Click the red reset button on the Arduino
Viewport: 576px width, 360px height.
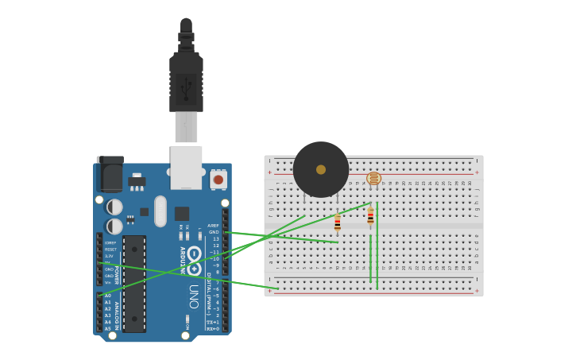click(x=218, y=180)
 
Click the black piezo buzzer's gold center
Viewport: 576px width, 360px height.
click(x=321, y=169)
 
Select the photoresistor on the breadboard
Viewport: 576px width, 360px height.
click(x=373, y=178)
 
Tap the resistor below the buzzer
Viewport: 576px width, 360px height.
click(x=337, y=223)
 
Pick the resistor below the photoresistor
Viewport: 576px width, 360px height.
click(x=370, y=216)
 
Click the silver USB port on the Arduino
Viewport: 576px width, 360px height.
click(x=186, y=166)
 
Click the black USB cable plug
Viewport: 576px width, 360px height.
click(x=186, y=83)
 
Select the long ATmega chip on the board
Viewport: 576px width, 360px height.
click(x=134, y=283)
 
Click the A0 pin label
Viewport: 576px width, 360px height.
click(x=108, y=296)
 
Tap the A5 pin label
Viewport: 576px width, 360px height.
click(x=108, y=328)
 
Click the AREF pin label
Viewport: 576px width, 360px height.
click(x=213, y=226)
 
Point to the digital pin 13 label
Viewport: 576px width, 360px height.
click(x=215, y=238)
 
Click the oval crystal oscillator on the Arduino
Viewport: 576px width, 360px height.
click(x=160, y=211)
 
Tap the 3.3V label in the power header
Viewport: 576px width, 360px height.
click(x=109, y=256)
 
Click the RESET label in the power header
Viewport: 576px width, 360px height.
click(x=110, y=250)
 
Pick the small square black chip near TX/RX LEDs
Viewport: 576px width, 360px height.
click(x=182, y=213)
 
